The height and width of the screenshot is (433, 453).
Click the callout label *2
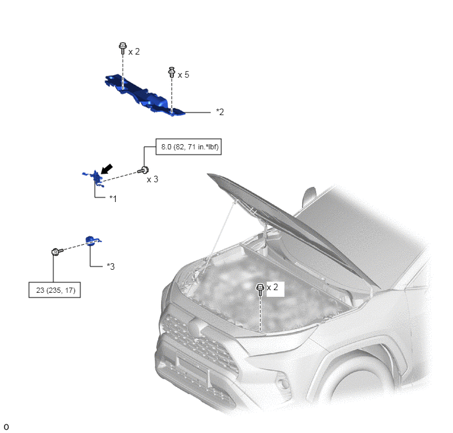pos(220,112)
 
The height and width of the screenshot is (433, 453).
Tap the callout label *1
pos(113,199)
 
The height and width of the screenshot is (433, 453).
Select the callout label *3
pos(111,266)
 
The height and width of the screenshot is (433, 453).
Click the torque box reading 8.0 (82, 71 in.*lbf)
pos(189,147)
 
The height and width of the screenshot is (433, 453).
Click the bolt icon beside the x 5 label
pos(172,72)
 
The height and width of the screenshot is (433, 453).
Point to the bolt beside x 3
pos(144,170)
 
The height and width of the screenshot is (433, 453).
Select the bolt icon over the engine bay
pos(260,290)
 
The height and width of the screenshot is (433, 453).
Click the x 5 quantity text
pos(184,75)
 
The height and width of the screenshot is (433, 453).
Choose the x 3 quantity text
pos(153,179)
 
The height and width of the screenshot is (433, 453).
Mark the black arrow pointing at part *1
pos(107,169)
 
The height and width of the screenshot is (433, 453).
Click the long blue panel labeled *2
pos(144,95)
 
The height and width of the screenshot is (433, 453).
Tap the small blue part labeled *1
pos(94,178)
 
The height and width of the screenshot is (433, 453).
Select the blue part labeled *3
pos(92,241)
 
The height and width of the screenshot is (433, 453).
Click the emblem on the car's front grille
pos(197,326)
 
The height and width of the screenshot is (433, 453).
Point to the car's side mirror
pos(309,195)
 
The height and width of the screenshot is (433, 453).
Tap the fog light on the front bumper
pos(282,382)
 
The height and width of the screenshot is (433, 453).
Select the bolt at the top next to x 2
pos(122,48)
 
